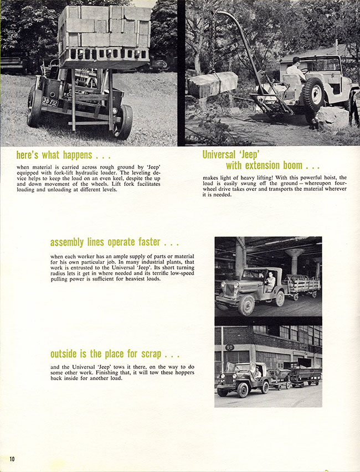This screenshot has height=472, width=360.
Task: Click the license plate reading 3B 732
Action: click(x=50, y=102)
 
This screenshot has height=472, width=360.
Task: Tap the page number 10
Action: click(x=12, y=459)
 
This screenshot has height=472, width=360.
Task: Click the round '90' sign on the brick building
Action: click(x=229, y=347)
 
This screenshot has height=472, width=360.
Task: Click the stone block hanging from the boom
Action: click(x=213, y=85)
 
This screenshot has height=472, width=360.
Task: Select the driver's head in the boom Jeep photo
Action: click(x=296, y=61)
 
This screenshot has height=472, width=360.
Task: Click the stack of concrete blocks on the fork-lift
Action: click(x=104, y=33)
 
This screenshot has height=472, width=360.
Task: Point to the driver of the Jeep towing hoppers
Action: click(x=257, y=372)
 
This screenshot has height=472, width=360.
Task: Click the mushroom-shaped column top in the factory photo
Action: click(x=294, y=253)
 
